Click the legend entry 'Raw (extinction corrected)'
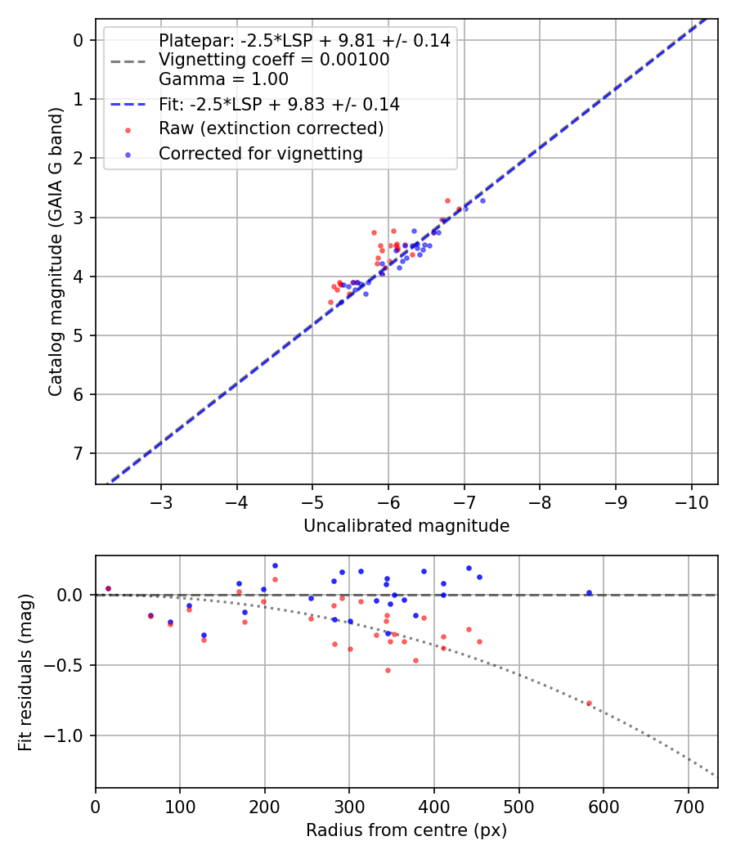(x=271, y=128)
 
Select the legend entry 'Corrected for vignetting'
(x=261, y=153)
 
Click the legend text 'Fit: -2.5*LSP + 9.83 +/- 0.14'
(x=279, y=104)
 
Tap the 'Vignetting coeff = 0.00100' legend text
(x=274, y=60)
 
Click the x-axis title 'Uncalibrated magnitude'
(x=406, y=526)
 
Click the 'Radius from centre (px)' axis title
(x=406, y=830)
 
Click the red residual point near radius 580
(x=589, y=703)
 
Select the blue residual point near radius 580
(x=589, y=592)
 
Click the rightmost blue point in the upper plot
(x=482, y=200)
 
